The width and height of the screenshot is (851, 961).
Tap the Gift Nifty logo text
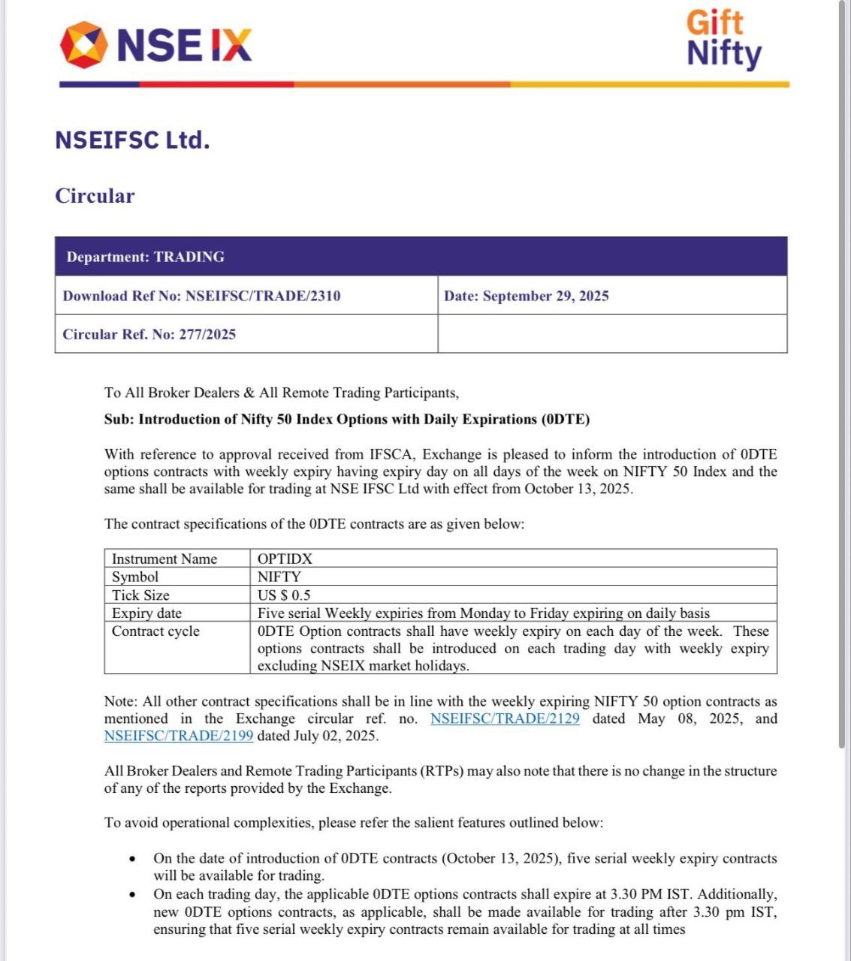pyautogui.click(x=723, y=39)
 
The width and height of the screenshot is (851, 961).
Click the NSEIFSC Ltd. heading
pyautogui.click(x=132, y=140)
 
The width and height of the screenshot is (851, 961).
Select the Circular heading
pyautogui.click(x=95, y=196)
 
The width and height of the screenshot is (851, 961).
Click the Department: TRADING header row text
pyautogui.click(x=145, y=257)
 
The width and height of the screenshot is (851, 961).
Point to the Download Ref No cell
pyautogui.click(x=201, y=296)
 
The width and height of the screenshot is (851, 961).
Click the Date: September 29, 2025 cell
pyautogui.click(x=526, y=296)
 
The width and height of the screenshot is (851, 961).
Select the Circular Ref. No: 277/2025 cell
pyautogui.click(x=149, y=334)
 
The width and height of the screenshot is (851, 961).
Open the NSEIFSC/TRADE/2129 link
pyautogui.click(x=505, y=718)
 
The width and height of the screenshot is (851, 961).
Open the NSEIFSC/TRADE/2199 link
pyautogui.click(x=179, y=736)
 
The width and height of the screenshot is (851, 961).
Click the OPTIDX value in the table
pyautogui.click(x=285, y=559)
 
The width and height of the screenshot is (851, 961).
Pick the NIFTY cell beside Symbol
pyautogui.click(x=279, y=577)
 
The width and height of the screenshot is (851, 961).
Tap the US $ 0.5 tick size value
pyautogui.click(x=284, y=595)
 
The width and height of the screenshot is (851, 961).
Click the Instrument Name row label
pyautogui.click(x=164, y=559)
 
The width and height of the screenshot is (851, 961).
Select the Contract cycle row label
pyautogui.click(x=155, y=631)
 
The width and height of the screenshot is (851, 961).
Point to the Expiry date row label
pyautogui.click(x=146, y=613)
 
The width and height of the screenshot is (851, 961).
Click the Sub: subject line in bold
pyautogui.click(x=346, y=419)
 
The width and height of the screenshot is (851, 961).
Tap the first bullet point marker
pyautogui.click(x=133, y=859)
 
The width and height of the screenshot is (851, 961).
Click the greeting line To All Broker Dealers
pyautogui.click(x=281, y=392)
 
